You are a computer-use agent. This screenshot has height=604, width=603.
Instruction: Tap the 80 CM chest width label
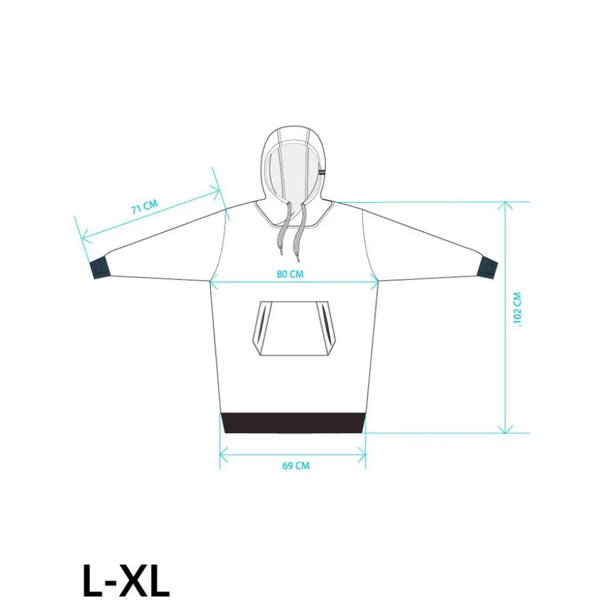(x=290, y=274)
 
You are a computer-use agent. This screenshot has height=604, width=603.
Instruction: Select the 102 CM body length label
(x=517, y=309)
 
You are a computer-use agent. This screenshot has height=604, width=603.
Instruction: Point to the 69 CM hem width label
(x=296, y=465)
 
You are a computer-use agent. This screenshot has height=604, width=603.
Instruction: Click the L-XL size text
(x=126, y=581)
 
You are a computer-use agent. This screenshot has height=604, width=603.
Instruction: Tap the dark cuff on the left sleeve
(x=100, y=269)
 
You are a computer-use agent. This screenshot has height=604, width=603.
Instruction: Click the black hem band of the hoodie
(x=293, y=422)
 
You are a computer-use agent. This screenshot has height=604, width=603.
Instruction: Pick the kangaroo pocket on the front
(x=294, y=328)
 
